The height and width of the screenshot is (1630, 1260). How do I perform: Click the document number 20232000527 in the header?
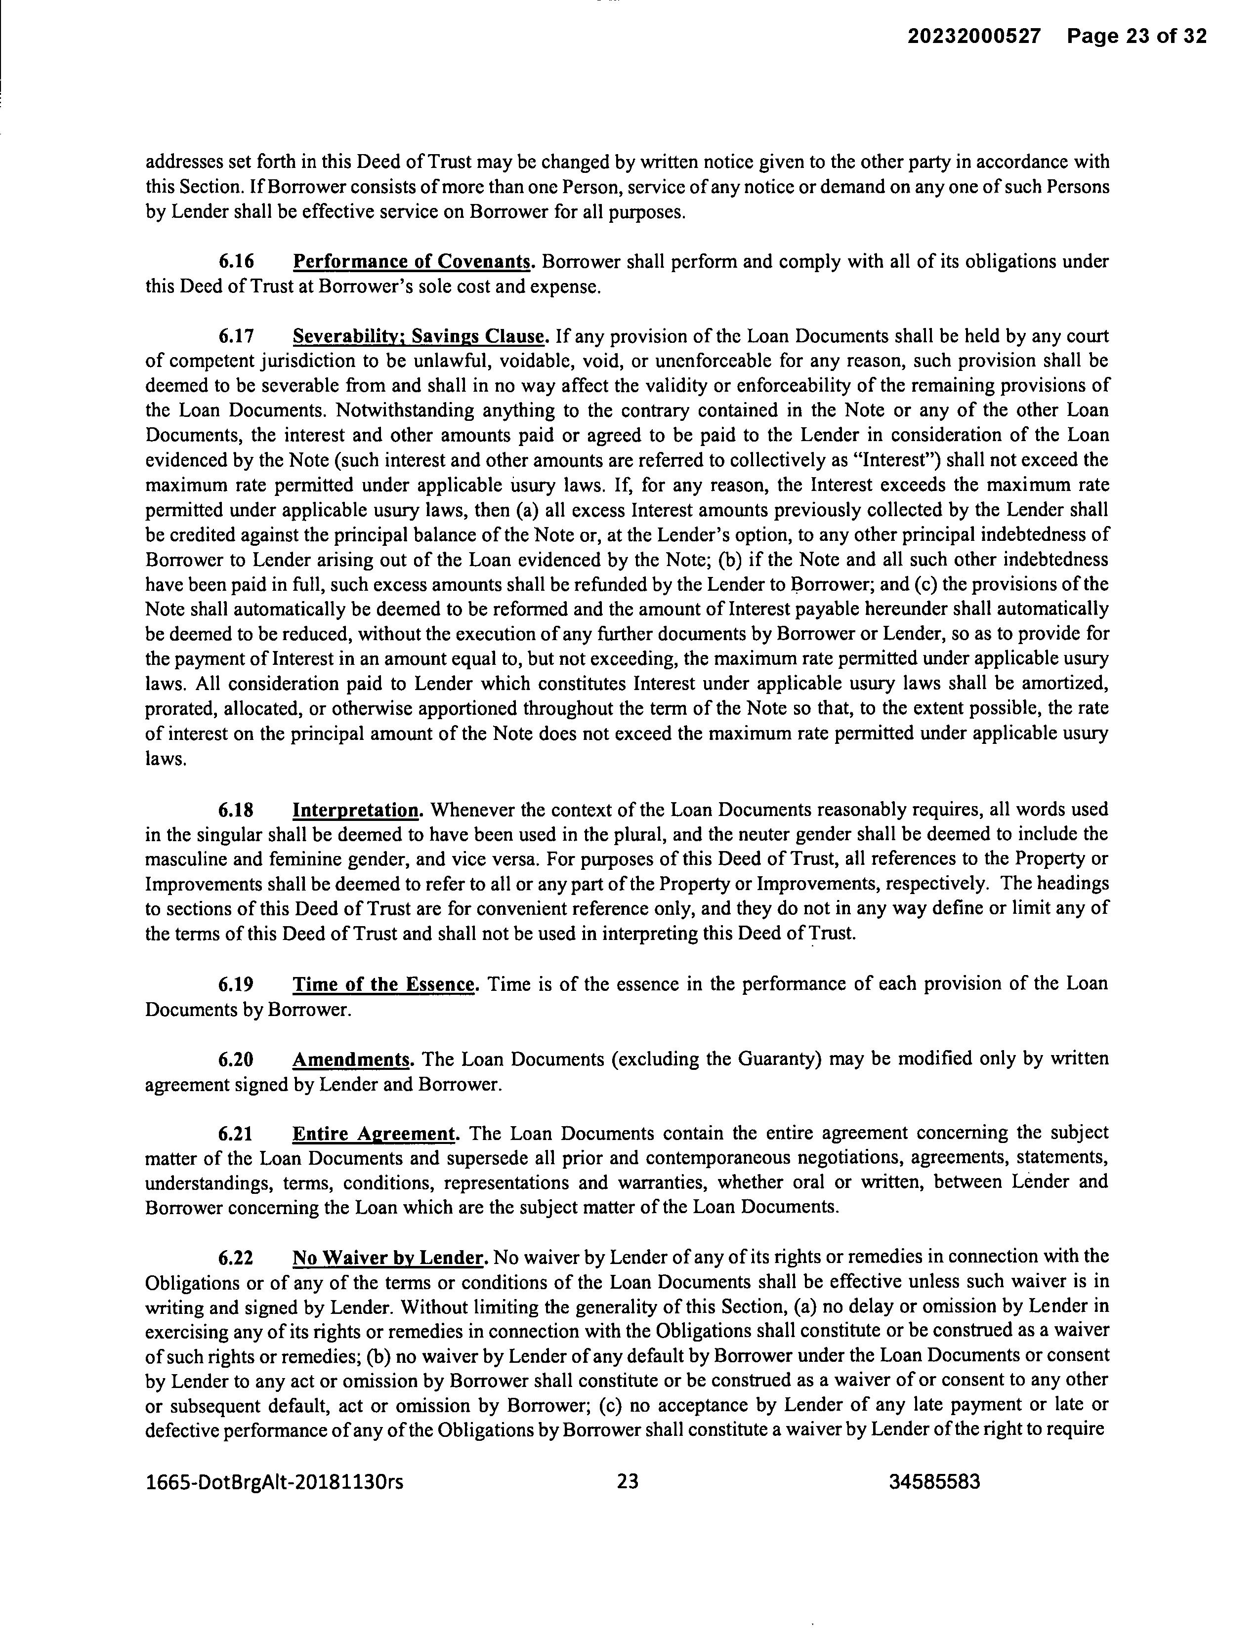(973, 36)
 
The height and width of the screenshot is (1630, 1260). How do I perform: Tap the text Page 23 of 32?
(1136, 36)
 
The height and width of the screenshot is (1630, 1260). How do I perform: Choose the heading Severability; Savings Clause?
(420, 336)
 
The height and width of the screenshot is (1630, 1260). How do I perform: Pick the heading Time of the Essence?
(383, 984)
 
